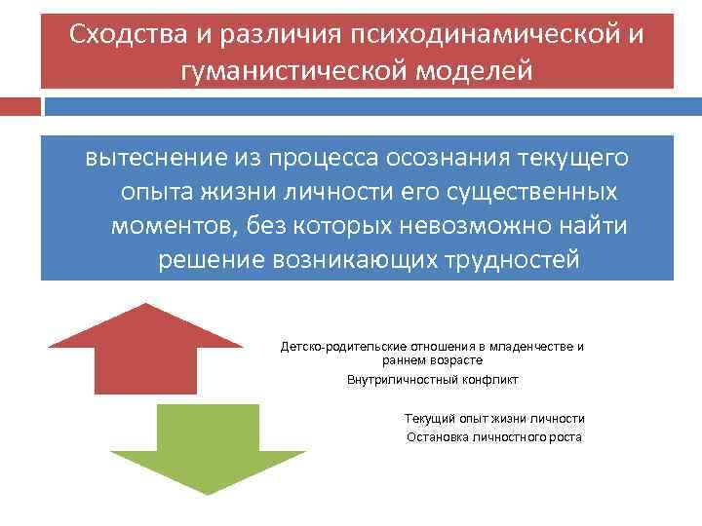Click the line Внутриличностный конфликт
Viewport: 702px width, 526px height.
433,380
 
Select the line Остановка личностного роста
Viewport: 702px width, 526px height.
493,436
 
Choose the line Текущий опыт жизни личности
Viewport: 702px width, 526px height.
494,418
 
